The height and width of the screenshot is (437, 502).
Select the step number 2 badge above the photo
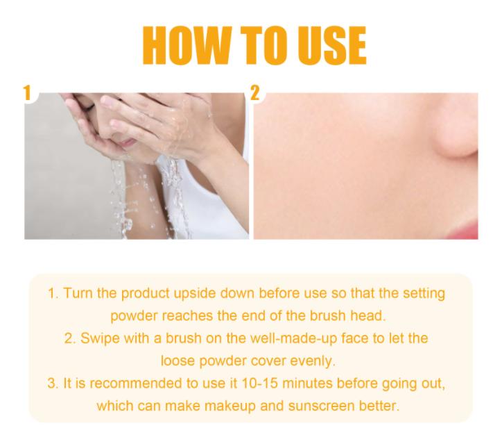pos(254,93)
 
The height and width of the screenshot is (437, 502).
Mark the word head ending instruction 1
pos(371,315)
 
